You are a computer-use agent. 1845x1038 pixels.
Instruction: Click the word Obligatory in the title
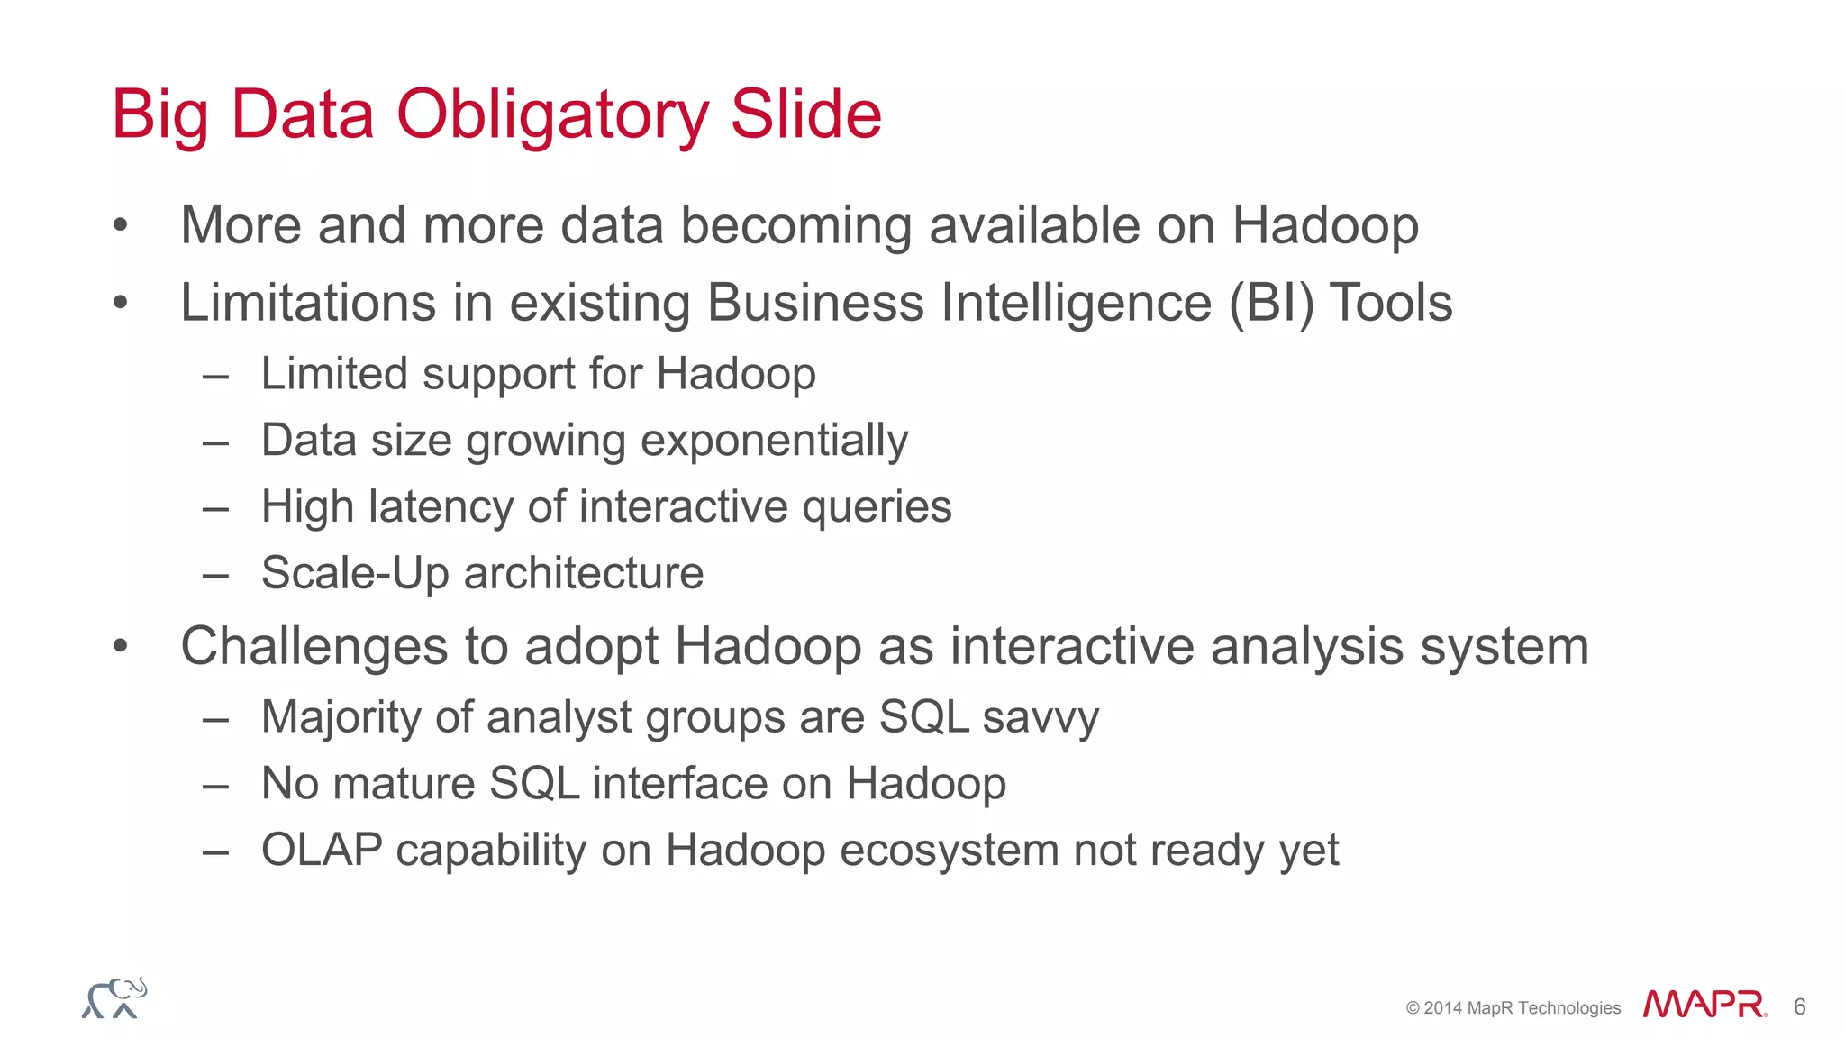[x=552, y=115]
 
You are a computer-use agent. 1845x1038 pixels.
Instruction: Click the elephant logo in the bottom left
[x=114, y=998]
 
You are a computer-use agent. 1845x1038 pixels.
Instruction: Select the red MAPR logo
[x=1704, y=1005]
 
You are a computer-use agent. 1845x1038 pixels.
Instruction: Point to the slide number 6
[x=1799, y=1006]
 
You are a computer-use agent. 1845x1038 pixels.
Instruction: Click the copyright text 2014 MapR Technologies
[x=1513, y=1008]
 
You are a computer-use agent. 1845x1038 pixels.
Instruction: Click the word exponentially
[x=774, y=442]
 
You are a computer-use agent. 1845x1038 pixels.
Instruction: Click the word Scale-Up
[x=354, y=573]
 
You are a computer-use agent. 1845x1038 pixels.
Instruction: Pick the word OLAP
[x=322, y=850]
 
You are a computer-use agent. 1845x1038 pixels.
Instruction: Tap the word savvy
[x=1041, y=718]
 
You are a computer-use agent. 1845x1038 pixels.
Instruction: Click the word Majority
[x=341, y=718]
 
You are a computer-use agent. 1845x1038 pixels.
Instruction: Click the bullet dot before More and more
[x=121, y=226]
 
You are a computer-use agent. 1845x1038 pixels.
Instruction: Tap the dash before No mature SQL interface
[x=215, y=786]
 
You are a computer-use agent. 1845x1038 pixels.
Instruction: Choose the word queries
[x=877, y=507]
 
